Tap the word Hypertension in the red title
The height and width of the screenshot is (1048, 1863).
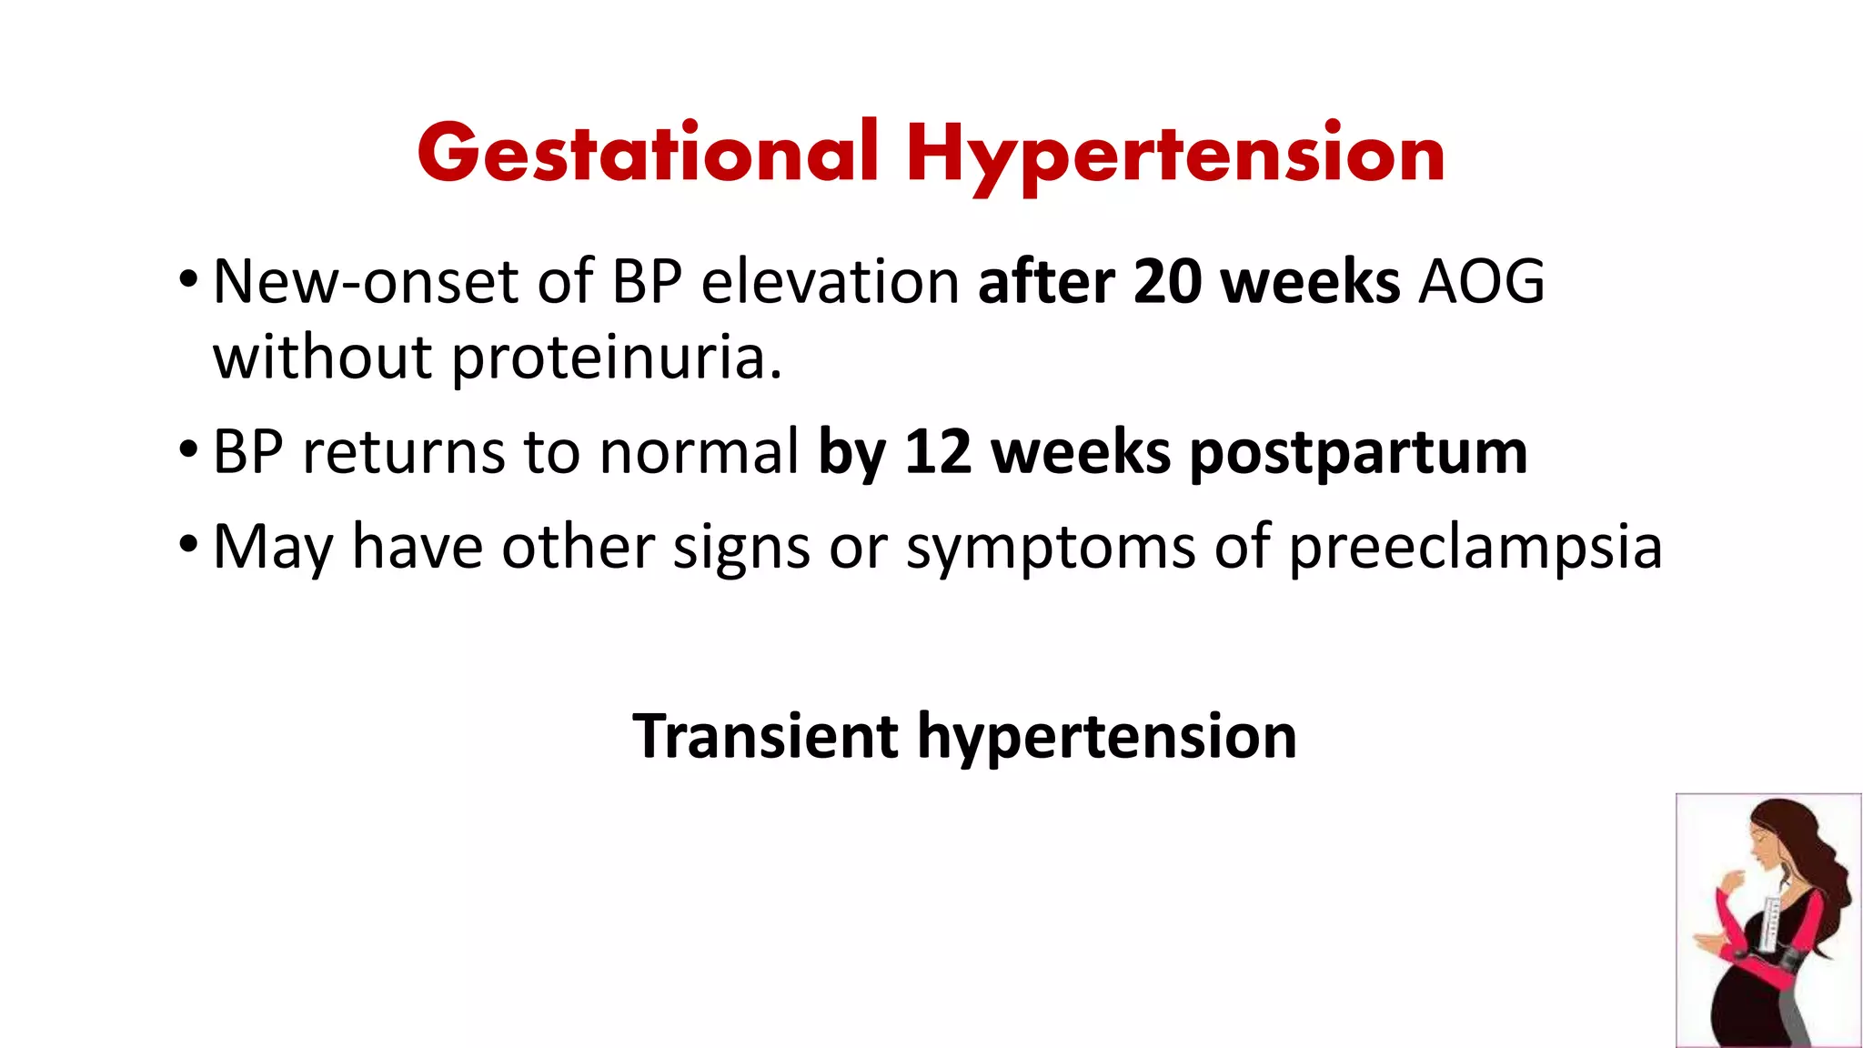point(1174,155)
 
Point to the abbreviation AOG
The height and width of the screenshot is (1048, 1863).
point(1482,281)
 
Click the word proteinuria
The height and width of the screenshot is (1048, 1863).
point(616,357)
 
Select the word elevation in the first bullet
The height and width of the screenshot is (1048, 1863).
point(831,281)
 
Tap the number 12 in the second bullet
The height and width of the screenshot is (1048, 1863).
point(938,451)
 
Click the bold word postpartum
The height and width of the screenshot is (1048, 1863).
point(1358,453)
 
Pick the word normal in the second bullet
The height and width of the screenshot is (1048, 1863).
point(699,451)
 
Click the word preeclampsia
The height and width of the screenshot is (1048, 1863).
point(1475,548)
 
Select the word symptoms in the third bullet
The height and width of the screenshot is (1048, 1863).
point(1051,548)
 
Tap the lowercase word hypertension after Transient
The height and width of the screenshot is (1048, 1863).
point(1106,737)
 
